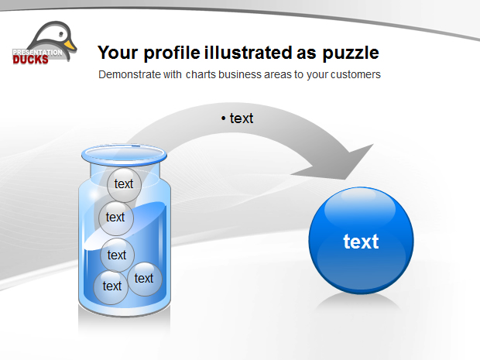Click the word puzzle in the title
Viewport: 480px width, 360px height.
coord(351,53)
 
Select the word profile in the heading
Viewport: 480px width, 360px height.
coord(172,53)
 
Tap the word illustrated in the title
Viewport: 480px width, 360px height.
coord(249,53)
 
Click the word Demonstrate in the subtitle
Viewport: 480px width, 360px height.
coord(129,74)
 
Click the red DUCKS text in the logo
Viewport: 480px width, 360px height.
coord(30,60)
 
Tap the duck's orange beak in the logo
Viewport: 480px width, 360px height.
coord(70,46)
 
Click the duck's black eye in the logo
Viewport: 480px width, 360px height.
coord(62,33)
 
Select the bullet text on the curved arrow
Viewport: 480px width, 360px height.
coord(237,118)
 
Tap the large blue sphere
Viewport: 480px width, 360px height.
coord(362,240)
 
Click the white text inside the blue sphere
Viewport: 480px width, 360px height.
coord(361,242)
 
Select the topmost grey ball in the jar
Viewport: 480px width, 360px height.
coord(125,185)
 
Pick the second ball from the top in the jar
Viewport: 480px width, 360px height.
coord(116,218)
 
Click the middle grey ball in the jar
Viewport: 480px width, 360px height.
coord(117,255)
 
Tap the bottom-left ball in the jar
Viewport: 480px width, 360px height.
coord(111,287)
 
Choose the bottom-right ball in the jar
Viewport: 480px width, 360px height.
coord(145,279)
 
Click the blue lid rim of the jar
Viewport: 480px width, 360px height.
coord(124,155)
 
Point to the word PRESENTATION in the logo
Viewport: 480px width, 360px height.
coord(37,53)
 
